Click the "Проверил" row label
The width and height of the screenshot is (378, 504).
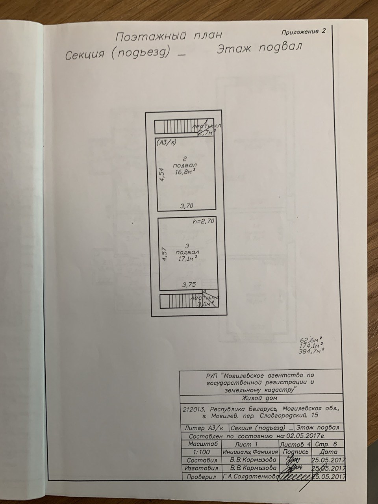click(x=202, y=477)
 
